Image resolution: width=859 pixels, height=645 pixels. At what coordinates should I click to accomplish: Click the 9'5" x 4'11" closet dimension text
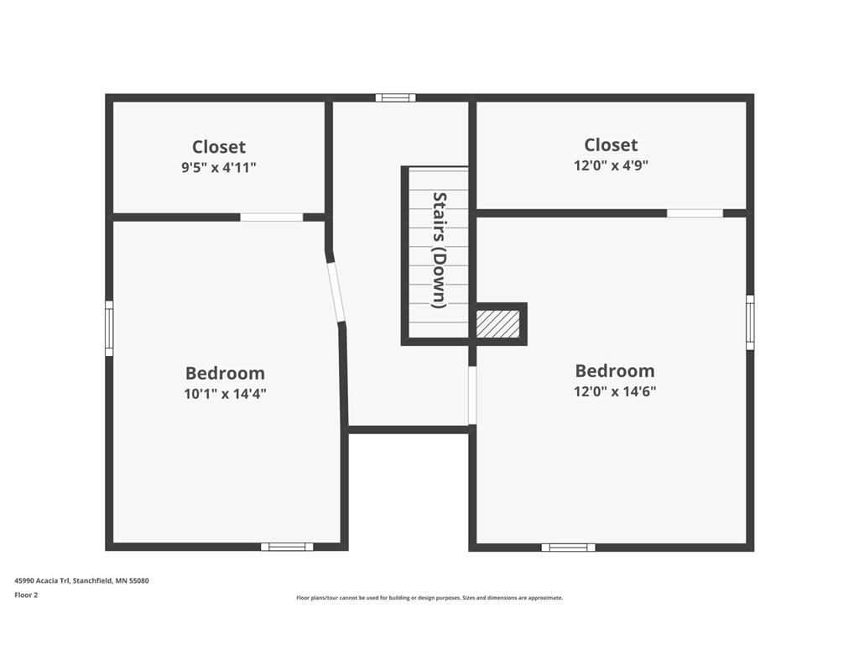click(219, 167)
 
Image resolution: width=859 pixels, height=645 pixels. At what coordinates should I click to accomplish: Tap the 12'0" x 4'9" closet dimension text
click(611, 165)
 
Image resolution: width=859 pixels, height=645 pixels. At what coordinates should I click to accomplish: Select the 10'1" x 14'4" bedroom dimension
click(225, 393)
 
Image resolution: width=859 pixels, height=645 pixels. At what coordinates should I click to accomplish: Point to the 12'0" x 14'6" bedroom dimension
click(615, 391)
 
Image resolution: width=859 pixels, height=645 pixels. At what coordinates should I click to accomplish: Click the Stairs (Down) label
click(440, 250)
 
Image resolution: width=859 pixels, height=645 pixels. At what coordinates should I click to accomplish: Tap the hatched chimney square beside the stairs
click(497, 324)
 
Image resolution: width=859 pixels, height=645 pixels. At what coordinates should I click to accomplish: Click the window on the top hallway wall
click(396, 97)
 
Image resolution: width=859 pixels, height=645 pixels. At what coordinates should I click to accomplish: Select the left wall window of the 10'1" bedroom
click(109, 328)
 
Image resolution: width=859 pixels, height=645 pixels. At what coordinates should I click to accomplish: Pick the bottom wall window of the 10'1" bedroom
click(287, 546)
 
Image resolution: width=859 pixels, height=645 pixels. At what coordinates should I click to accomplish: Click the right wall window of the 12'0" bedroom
click(750, 322)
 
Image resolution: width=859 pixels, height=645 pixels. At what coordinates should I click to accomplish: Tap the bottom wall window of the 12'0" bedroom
click(568, 547)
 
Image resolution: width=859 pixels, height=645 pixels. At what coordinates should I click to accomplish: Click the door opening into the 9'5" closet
click(272, 218)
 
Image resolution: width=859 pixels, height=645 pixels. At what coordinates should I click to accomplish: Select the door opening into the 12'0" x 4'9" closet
click(695, 212)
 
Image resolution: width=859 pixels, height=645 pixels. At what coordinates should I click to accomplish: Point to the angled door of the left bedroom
click(336, 291)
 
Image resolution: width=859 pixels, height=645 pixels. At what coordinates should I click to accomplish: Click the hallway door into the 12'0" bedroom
click(472, 395)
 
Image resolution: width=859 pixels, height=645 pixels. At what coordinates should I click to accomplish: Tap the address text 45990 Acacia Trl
click(43, 580)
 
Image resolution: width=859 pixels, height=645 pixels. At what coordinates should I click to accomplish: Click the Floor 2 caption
click(26, 595)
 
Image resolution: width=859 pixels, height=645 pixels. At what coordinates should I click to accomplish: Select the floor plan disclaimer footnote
click(429, 598)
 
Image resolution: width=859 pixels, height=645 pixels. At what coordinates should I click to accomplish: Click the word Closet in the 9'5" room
click(219, 147)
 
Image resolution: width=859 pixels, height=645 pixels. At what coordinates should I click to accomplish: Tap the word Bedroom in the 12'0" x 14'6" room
click(615, 370)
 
